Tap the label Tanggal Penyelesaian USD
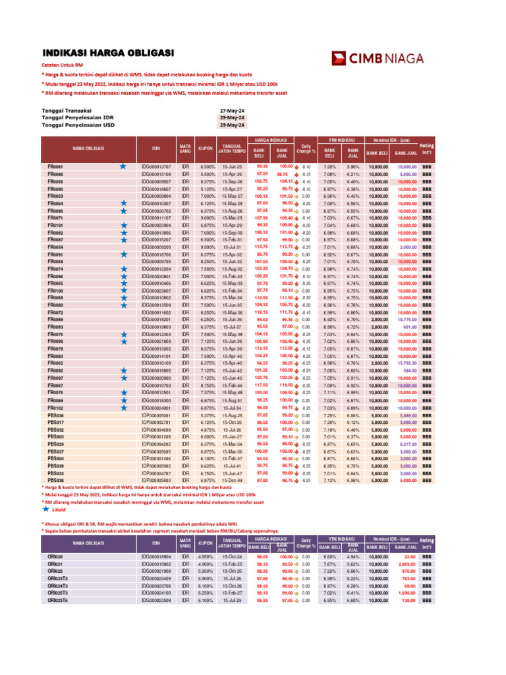coord(78,124)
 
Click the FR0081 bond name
coord(55,167)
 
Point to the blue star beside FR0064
coord(123,204)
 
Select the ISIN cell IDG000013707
coord(155,167)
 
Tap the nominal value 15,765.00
coord(407,363)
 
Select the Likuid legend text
coord(59,509)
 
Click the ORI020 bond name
coord(55,556)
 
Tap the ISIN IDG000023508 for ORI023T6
coord(155,601)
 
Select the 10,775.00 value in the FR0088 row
coord(407,319)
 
